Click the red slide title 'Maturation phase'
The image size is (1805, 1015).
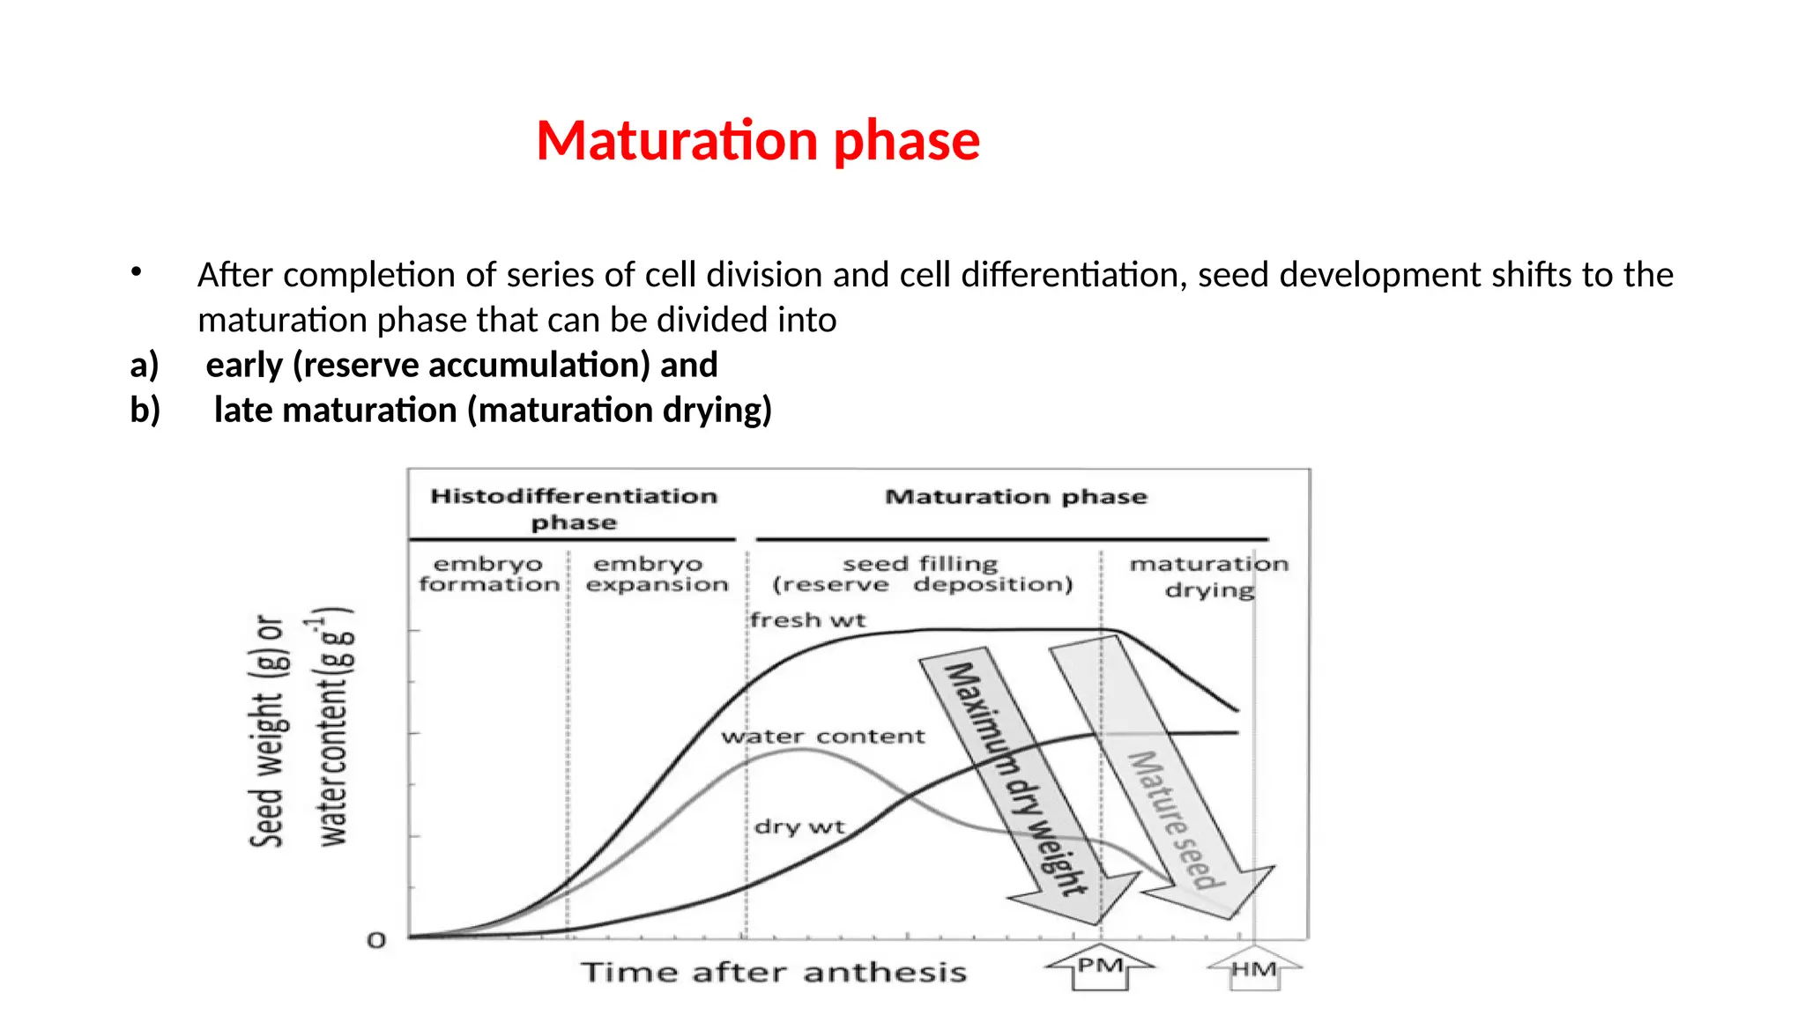click(757, 141)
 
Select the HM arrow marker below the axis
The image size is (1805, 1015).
click(1254, 969)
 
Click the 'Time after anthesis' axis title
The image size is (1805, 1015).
click(774, 973)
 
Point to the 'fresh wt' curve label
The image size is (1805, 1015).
click(807, 620)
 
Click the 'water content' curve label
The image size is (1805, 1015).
click(823, 737)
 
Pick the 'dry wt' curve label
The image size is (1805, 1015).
click(799, 827)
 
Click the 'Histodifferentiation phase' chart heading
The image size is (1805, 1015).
click(574, 509)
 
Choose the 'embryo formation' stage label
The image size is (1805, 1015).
click(489, 574)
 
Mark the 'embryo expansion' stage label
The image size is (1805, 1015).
click(657, 574)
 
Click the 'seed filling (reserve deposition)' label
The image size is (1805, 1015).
click(922, 574)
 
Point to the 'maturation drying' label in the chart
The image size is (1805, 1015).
click(1208, 576)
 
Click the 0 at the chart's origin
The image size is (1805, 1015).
click(377, 941)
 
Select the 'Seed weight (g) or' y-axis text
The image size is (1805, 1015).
click(267, 731)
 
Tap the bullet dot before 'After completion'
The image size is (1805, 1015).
click(136, 272)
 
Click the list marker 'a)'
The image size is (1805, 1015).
click(145, 365)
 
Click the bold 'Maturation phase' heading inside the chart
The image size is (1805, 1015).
click(1015, 497)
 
